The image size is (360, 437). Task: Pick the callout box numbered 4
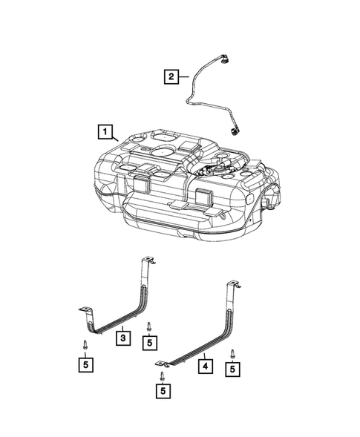point(203,366)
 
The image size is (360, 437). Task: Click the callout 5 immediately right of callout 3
point(151,342)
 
